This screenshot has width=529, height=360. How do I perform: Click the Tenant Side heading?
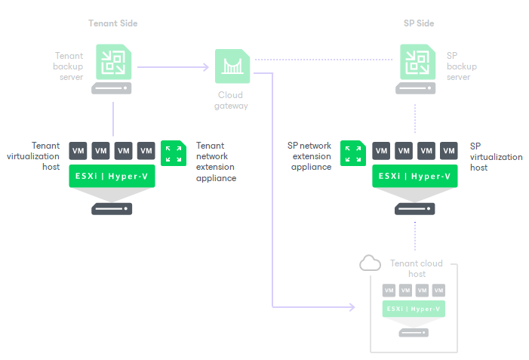tap(112, 23)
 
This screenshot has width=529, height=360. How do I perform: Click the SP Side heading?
tap(419, 23)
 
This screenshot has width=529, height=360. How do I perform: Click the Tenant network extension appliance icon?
tap(174, 152)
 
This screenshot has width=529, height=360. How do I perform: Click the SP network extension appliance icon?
tap(352, 152)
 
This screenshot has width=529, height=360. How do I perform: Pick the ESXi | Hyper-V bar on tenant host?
tap(112, 177)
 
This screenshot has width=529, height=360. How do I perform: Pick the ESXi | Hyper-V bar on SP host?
tap(415, 177)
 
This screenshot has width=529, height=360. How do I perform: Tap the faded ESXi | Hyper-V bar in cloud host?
tap(414, 309)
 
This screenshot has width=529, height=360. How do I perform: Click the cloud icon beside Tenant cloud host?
tap(370, 263)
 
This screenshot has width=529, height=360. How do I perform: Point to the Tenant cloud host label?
tap(417, 269)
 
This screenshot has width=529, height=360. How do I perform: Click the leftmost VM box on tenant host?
tap(78, 150)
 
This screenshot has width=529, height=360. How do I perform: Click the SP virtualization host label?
tap(496, 156)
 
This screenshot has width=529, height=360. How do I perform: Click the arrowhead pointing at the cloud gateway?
tap(205, 67)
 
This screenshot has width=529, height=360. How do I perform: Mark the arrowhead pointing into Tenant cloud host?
tap(351, 308)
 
